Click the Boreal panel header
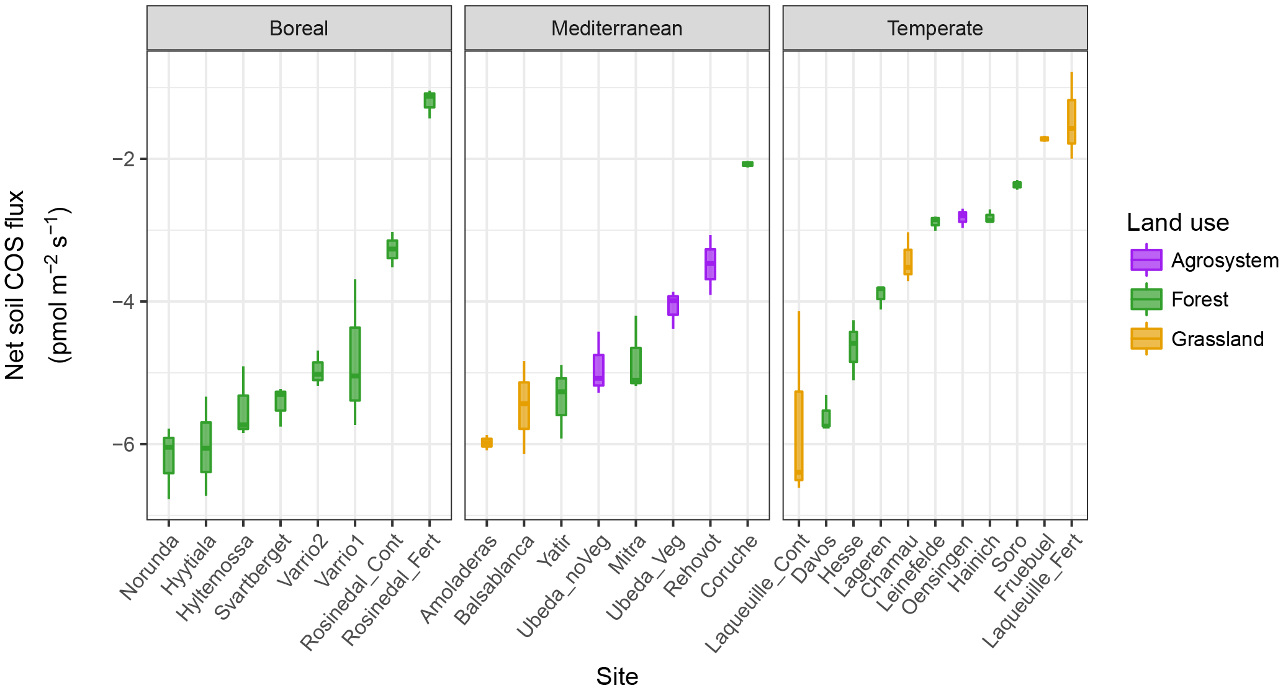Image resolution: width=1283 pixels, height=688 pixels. coord(299,29)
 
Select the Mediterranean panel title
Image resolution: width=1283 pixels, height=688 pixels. coord(616,29)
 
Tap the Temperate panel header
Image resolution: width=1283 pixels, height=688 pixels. coord(934,29)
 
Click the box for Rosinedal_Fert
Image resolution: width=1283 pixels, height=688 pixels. coord(429,101)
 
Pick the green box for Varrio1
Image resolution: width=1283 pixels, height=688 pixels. coord(355,364)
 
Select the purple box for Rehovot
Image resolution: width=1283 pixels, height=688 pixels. coord(710,264)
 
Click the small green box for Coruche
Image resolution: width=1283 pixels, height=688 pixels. coord(747,164)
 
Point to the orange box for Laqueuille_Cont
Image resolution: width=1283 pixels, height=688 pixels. coord(799,436)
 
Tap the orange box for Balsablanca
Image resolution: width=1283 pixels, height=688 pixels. coord(524,406)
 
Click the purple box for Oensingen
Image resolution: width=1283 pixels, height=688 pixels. coord(962,217)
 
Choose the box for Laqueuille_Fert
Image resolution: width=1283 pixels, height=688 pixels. coord(1071,122)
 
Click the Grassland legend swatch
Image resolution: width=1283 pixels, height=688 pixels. coord(1146,339)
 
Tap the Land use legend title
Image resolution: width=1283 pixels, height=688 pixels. coord(1177,223)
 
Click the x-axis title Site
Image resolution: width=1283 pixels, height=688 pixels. coord(617,676)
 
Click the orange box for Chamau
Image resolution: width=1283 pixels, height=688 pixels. coord(908,262)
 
